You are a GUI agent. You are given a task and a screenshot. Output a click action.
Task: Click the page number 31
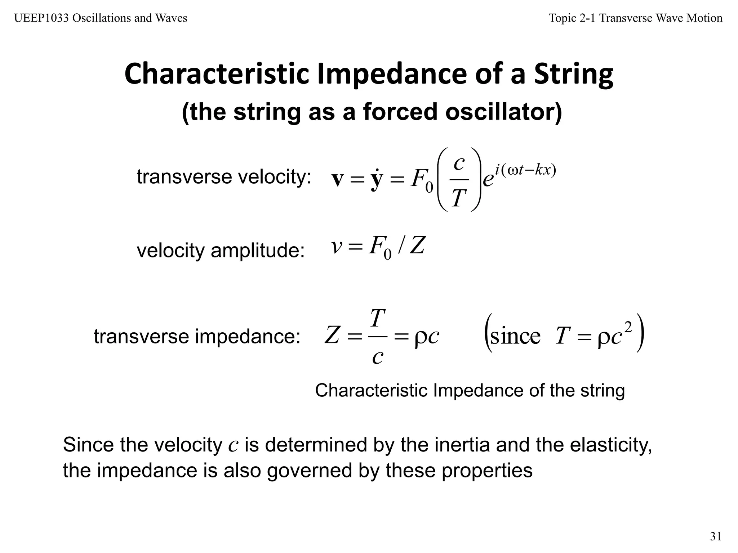coord(716,536)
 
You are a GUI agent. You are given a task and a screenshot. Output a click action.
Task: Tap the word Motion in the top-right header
coord(704,18)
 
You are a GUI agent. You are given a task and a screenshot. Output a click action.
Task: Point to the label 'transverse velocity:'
coord(224,177)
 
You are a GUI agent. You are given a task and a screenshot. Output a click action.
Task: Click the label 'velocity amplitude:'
coord(221,250)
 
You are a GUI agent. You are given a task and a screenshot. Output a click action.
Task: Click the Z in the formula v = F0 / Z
coord(417,247)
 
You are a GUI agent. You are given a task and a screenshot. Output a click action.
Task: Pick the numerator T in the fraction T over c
coord(378,318)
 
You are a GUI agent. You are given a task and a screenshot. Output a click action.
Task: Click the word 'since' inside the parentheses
coord(515,336)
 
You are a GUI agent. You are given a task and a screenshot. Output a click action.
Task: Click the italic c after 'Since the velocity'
coord(233,446)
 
